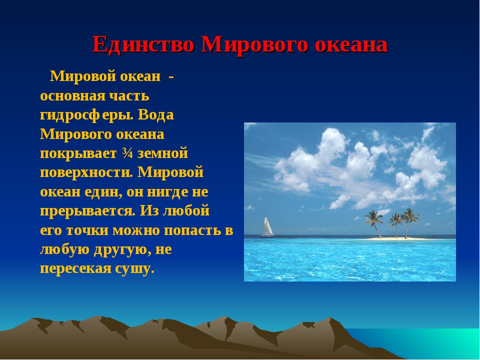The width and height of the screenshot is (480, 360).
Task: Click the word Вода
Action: coord(156,115)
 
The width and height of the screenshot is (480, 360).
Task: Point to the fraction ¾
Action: coord(127,153)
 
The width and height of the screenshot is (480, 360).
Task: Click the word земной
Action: coord(162,153)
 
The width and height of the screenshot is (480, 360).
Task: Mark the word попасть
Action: coord(193,230)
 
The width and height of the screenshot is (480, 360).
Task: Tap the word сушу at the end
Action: coord(134,269)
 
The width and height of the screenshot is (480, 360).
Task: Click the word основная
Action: coord(72,96)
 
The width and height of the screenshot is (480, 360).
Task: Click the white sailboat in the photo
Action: coord(266,227)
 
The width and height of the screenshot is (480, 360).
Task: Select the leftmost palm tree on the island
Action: coord(374,223)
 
